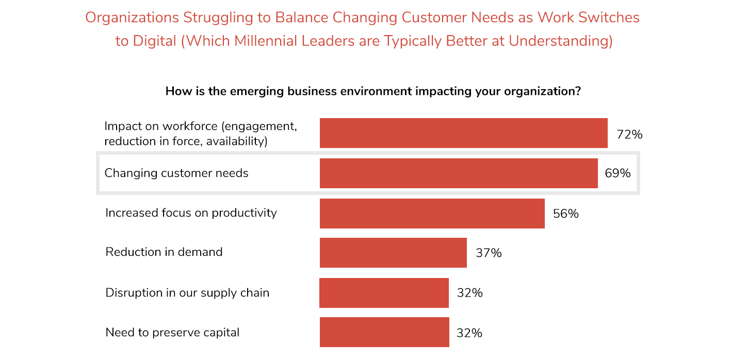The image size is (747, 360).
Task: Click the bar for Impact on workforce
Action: click(x=464, y=133)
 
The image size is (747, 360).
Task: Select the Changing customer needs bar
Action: click(x=459, y=173)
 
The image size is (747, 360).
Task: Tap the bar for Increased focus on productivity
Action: click(x=432, y=214)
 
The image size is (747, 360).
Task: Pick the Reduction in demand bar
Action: click(x=393, y=253)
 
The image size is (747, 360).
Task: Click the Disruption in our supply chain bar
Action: click(x=384, y=293)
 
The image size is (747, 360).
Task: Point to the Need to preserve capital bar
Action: click(x=384, y=332)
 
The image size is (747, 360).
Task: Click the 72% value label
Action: click(x=629, y=135)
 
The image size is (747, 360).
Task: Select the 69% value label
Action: click(x=618, y=173)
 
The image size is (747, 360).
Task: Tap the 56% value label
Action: click(x=565, y=214)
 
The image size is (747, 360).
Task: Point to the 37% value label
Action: click(x=489, y=253)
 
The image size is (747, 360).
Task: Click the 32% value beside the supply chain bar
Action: click(x=469, y=293)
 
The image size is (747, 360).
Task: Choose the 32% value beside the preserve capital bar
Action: click(x=469, y=333)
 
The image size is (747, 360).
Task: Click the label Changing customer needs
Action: click(x=176, y=173)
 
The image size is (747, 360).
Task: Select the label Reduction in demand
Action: click(x=164, y=252)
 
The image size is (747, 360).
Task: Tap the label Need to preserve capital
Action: click(x=172, y=333)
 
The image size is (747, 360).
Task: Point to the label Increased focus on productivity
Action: click(x=191, y=213)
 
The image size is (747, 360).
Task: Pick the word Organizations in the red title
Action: click(x=132, y=18)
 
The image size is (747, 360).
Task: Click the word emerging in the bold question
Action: click(x=256, y=91)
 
